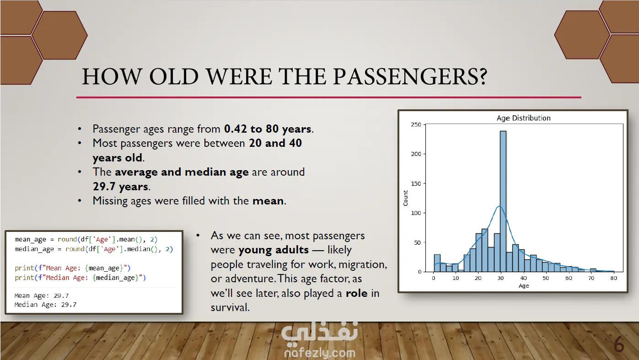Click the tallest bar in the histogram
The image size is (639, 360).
(503, 201)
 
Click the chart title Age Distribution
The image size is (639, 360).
(523, 118)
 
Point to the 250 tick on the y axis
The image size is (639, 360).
(416, 125)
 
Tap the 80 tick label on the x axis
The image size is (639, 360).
(613, 278)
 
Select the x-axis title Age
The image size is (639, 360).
(524, 286)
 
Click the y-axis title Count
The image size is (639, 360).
(405, 198)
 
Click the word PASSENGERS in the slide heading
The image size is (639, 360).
(410, 77)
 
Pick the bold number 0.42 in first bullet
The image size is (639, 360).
(236, 129)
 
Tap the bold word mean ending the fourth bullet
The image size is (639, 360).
(268, 201)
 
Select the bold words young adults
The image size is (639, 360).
(274, 250)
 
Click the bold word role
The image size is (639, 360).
(357, 293)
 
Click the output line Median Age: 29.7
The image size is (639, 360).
(45, 305)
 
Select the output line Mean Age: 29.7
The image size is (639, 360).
(41, 296)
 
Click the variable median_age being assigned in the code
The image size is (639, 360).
(34, 249)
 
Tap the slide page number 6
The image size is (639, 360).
(619, 344)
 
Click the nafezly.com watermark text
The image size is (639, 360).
(320, 353)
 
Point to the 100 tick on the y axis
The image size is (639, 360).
(416, 213)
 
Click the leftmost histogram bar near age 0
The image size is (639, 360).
(437, 263)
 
